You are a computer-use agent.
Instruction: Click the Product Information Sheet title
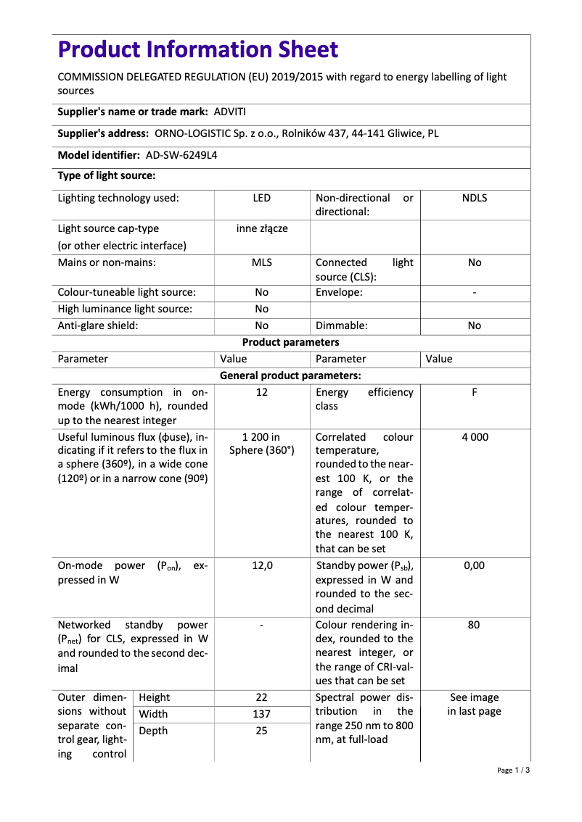point(197,49)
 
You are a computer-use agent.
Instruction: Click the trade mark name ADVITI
point(230,112)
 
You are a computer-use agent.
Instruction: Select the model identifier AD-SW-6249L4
point(181,155)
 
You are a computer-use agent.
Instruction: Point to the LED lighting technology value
point(261,198)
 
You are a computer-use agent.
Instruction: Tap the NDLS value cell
point(474,198)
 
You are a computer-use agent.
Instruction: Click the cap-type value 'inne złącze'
point(261,228)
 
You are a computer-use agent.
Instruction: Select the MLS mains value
point(261,262)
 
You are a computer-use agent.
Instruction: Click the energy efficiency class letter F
point(474,392)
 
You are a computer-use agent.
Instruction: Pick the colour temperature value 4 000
point(474,437)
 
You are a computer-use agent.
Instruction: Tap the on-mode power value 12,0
point(261,565)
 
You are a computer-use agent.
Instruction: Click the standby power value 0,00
point(474,565)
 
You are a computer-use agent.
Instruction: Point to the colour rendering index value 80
point(474,625)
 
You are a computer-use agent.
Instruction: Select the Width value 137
point(261,714)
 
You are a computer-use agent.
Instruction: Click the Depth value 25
point(261,731)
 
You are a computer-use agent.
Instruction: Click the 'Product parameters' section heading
point(290,342)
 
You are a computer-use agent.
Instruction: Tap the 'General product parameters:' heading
point(290,375)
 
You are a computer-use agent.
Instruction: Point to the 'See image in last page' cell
point(474,704)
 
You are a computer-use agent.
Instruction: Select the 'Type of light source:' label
point(107,176)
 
